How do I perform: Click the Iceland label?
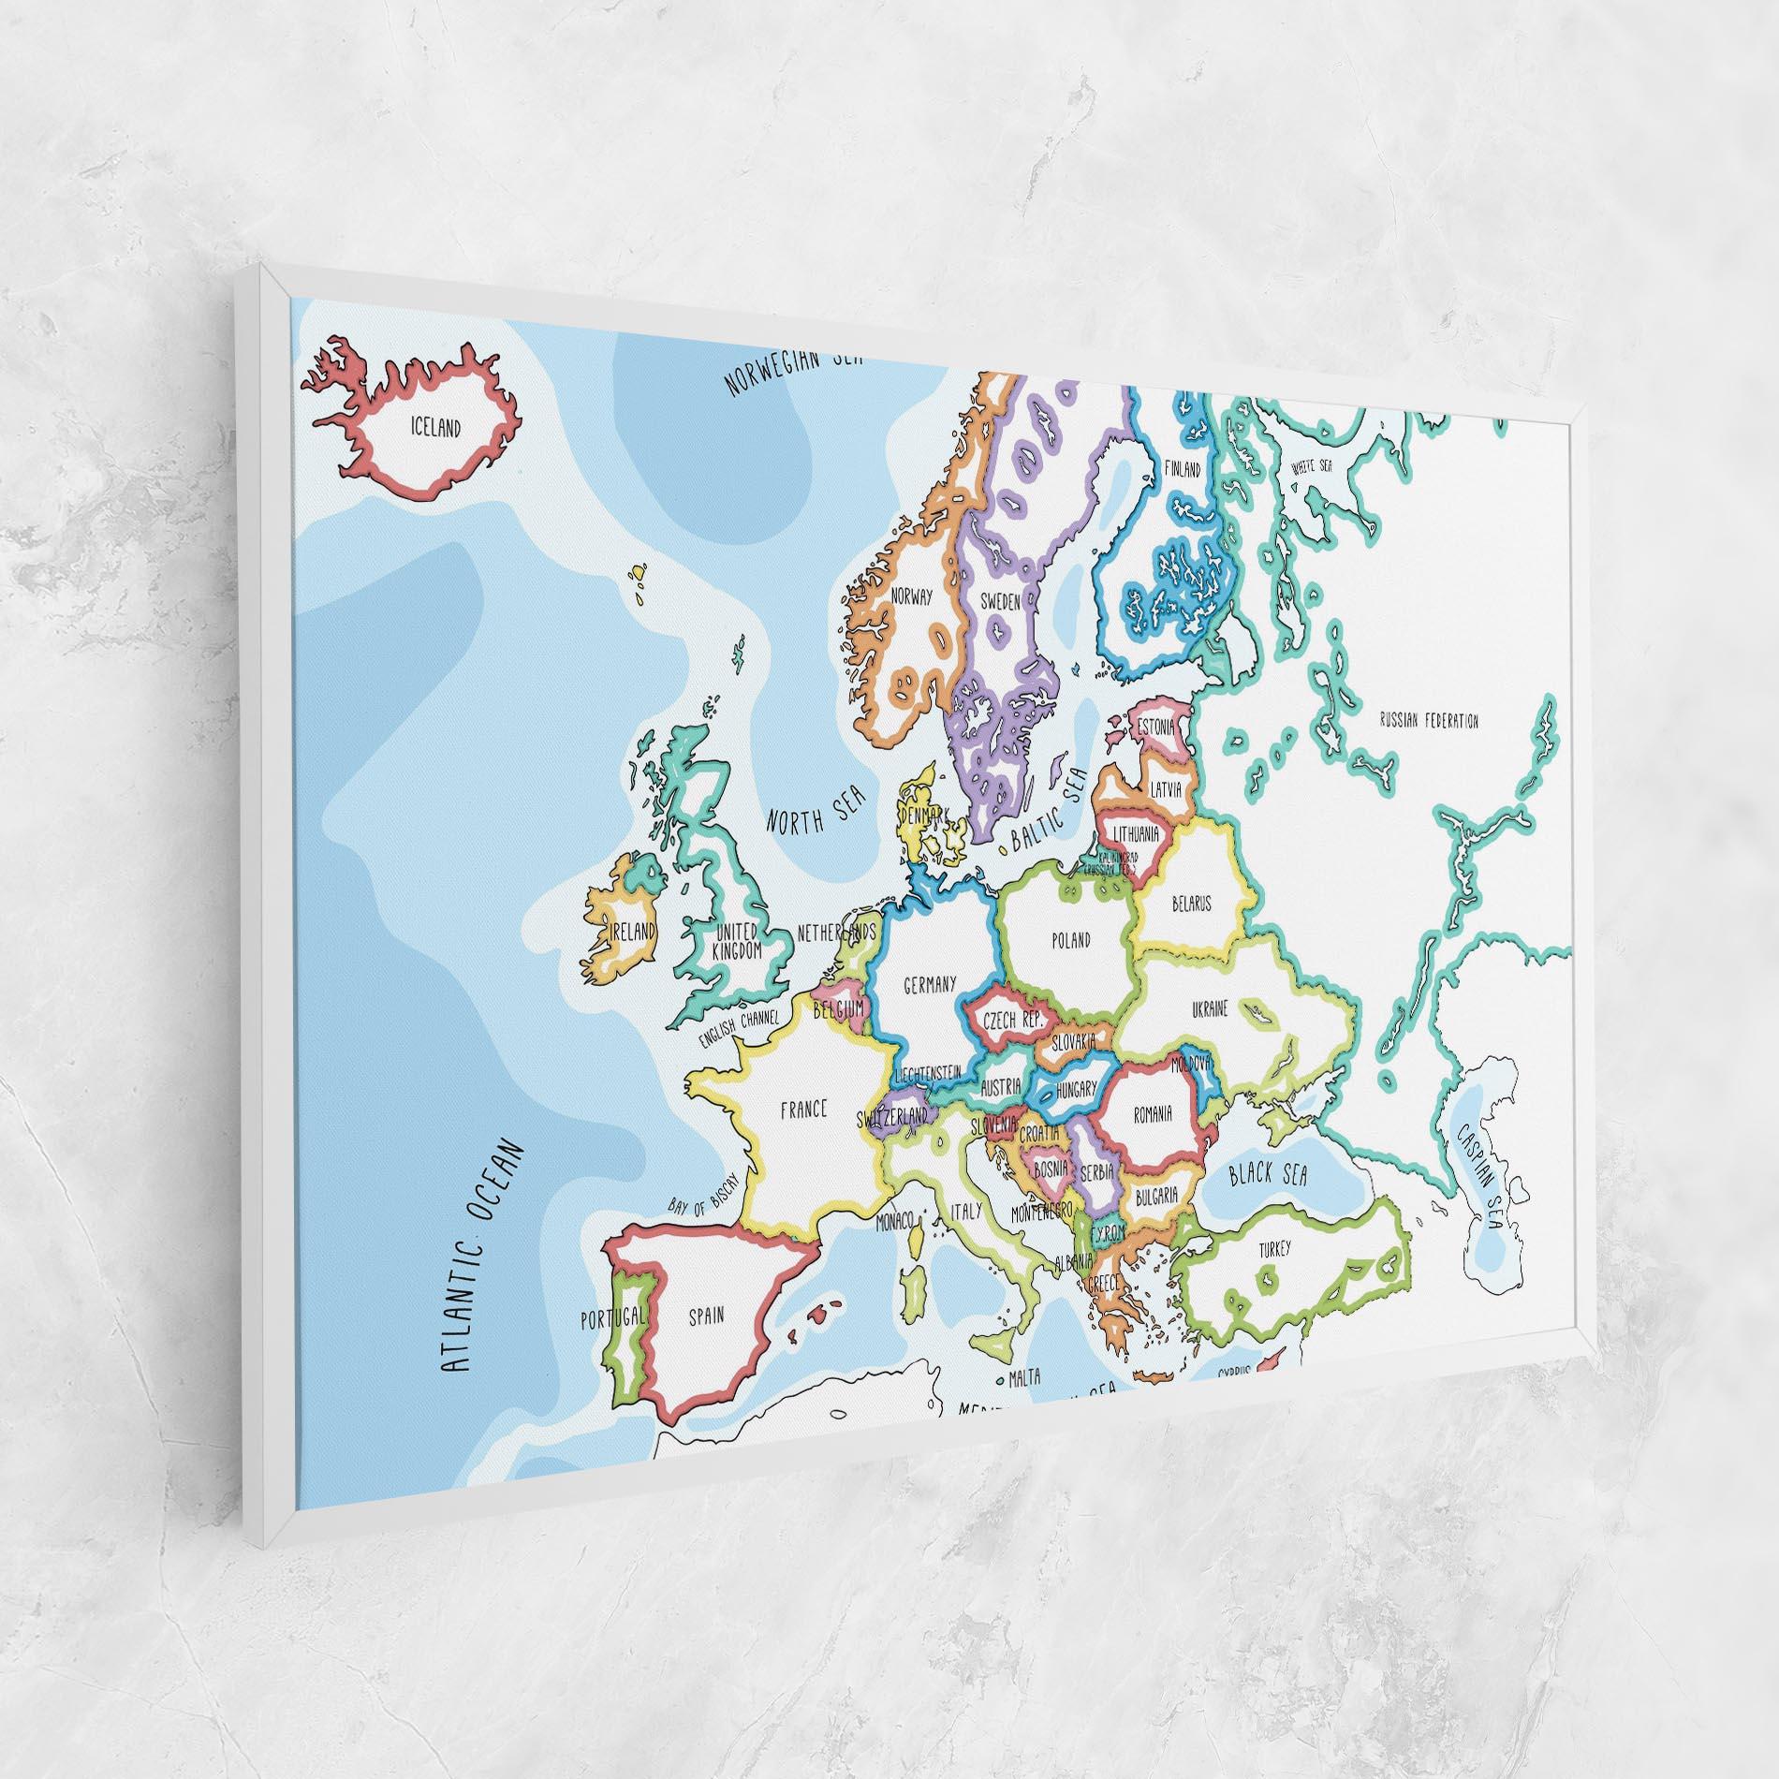[435, 429]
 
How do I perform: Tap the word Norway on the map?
[912, 595]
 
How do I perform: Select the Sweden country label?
[1000, 602]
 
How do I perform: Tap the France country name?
[803, 1110]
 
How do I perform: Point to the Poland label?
[1070, 940]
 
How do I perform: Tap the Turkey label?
[1274, 1249]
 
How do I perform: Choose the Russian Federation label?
[1429, 721]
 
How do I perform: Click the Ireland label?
[632, 932]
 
